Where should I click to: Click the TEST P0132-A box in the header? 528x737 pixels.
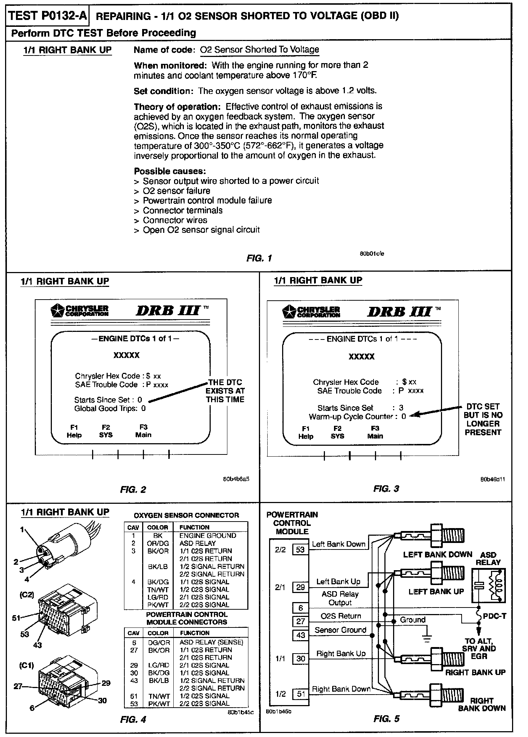coord(48,16)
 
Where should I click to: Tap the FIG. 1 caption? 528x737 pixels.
coord(259,258)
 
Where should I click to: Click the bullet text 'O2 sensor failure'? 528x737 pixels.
coord(176,191)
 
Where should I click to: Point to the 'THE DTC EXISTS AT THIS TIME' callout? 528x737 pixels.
coord(225,391)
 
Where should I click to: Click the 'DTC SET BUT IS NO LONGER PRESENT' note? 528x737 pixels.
coord(483,419)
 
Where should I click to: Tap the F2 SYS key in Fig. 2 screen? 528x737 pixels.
coord(106,431)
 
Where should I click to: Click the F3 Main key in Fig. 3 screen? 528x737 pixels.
coord(375,432)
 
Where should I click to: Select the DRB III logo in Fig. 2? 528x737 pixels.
coord(168,311)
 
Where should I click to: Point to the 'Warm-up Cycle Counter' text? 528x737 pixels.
coord(351,417)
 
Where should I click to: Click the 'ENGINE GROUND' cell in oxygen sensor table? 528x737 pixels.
coord(207,535)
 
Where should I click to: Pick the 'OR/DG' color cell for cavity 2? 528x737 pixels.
coord(155,543)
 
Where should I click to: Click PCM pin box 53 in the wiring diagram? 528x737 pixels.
coord(300,549)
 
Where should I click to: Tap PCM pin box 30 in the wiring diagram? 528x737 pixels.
coord(301,659)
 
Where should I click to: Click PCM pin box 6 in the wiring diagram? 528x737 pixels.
coord(301,608)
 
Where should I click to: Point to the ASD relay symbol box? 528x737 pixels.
coord(489,585)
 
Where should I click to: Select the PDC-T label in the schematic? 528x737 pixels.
coord(494,616)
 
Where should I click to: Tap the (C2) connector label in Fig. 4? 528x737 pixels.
coord(27,595)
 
